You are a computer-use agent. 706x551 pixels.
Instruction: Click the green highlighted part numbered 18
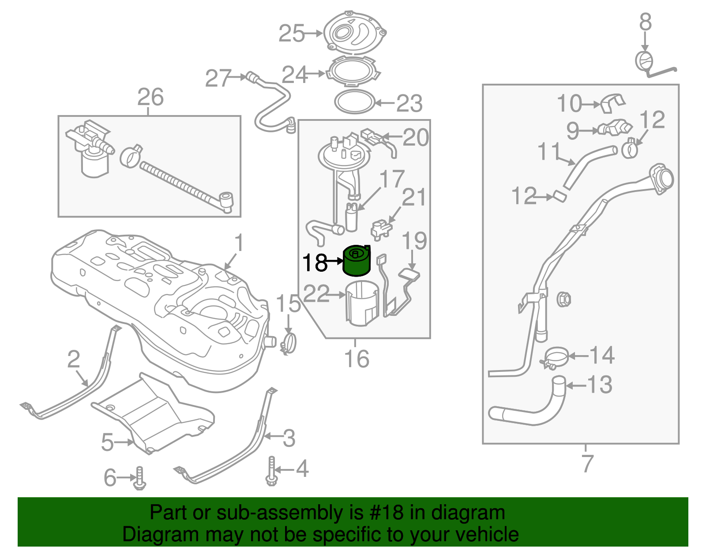click(357, 262)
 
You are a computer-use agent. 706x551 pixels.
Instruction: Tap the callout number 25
click(292, 34)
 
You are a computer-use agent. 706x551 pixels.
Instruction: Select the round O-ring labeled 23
click(354, 102)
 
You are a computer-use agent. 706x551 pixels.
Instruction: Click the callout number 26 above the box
click(150, 97)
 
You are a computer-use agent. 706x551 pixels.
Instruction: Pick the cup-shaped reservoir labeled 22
click(362, 303)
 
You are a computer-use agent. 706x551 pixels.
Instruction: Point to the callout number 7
click(587, 463)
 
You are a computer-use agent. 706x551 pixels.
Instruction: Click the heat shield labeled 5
click(154, 415)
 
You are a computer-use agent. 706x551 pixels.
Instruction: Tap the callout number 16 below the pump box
click(357, 359)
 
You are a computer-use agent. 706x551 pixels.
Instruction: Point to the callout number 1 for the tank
click(239, 243)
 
